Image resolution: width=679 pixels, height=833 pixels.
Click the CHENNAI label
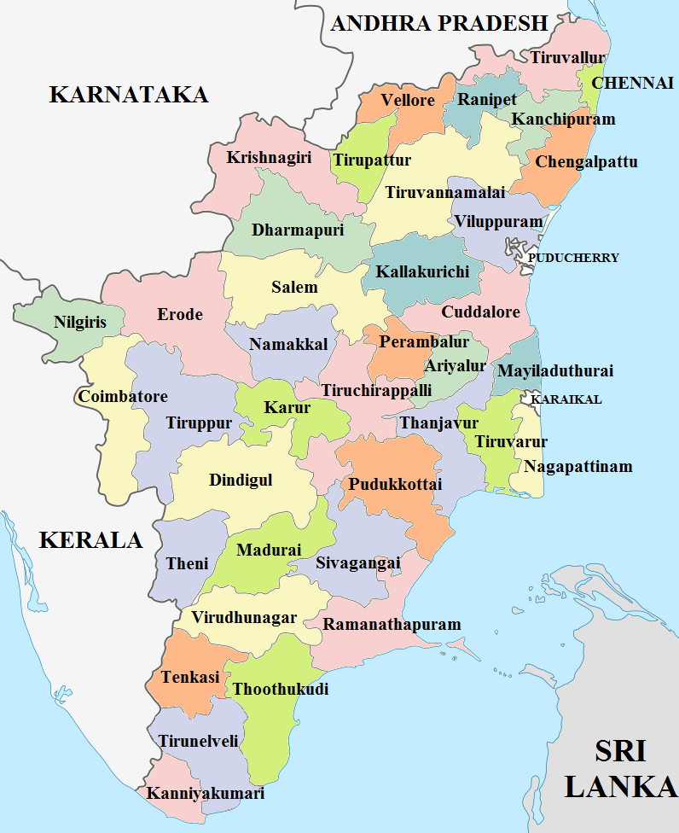(632, 83)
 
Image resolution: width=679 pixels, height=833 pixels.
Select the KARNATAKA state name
(129, 94)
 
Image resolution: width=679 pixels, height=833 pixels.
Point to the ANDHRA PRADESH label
(438, 23)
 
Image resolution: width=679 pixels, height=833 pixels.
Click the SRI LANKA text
(620, 768)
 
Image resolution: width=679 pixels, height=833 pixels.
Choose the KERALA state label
(90, 540)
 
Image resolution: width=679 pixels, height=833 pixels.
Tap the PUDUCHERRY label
(573, 258)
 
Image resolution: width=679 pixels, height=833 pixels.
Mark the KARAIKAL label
(566, 399)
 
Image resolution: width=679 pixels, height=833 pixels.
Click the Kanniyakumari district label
(206, 793)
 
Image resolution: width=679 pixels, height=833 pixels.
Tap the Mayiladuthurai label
(555, 371)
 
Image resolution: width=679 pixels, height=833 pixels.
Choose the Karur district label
(287, 407)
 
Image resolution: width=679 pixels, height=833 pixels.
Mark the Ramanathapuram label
(392, 625)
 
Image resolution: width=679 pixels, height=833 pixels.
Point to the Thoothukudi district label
(280, 689)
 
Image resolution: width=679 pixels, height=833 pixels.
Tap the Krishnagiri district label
(269, 158)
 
